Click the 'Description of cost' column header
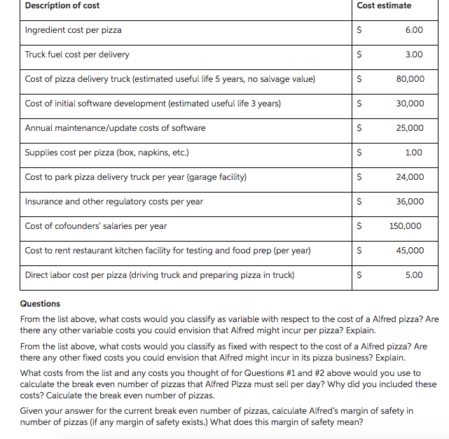tap(62, 6)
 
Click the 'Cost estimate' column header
tap(384, 6)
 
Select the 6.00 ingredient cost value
tap(414, 30)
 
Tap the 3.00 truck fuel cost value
tap(414, 55)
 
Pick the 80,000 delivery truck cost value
tap(410, 79)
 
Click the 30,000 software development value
tap(410, 104)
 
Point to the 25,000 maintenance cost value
tap(410, 128)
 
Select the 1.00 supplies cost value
tap(414, 153)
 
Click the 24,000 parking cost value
tap(410, 177)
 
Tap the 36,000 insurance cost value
tap(410, 202)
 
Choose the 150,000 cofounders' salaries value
tap(406, 226)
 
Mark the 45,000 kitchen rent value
tap(410, 251)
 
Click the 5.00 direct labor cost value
tap(414, 275)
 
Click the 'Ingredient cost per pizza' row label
tap(74, 30)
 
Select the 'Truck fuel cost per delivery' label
tap(77, 55)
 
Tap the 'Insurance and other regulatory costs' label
tap(114, 202)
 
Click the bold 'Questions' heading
tap(41, 304)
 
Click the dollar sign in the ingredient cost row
tap(360, 30)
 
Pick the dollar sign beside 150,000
tap(360, 226)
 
